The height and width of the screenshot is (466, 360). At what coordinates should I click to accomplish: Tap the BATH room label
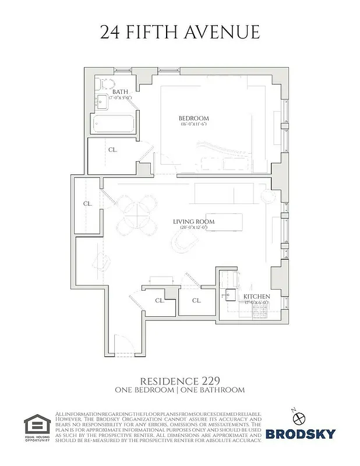[x=121, y=92]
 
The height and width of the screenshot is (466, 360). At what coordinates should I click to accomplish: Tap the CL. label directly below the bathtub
[x=112, y=150]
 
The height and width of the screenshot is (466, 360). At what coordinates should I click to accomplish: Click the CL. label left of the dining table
[x=87, y=204]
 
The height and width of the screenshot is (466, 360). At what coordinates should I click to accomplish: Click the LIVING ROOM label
[x=193, y=222]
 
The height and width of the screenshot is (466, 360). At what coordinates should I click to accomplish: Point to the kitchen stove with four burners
[x=260, y=313]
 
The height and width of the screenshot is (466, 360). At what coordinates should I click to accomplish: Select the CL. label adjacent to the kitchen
[x=196, y=301]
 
